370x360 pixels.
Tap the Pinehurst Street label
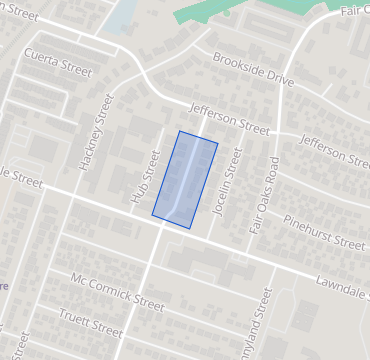tap(325, 232)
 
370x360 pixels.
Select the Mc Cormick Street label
tap(118, 290)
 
